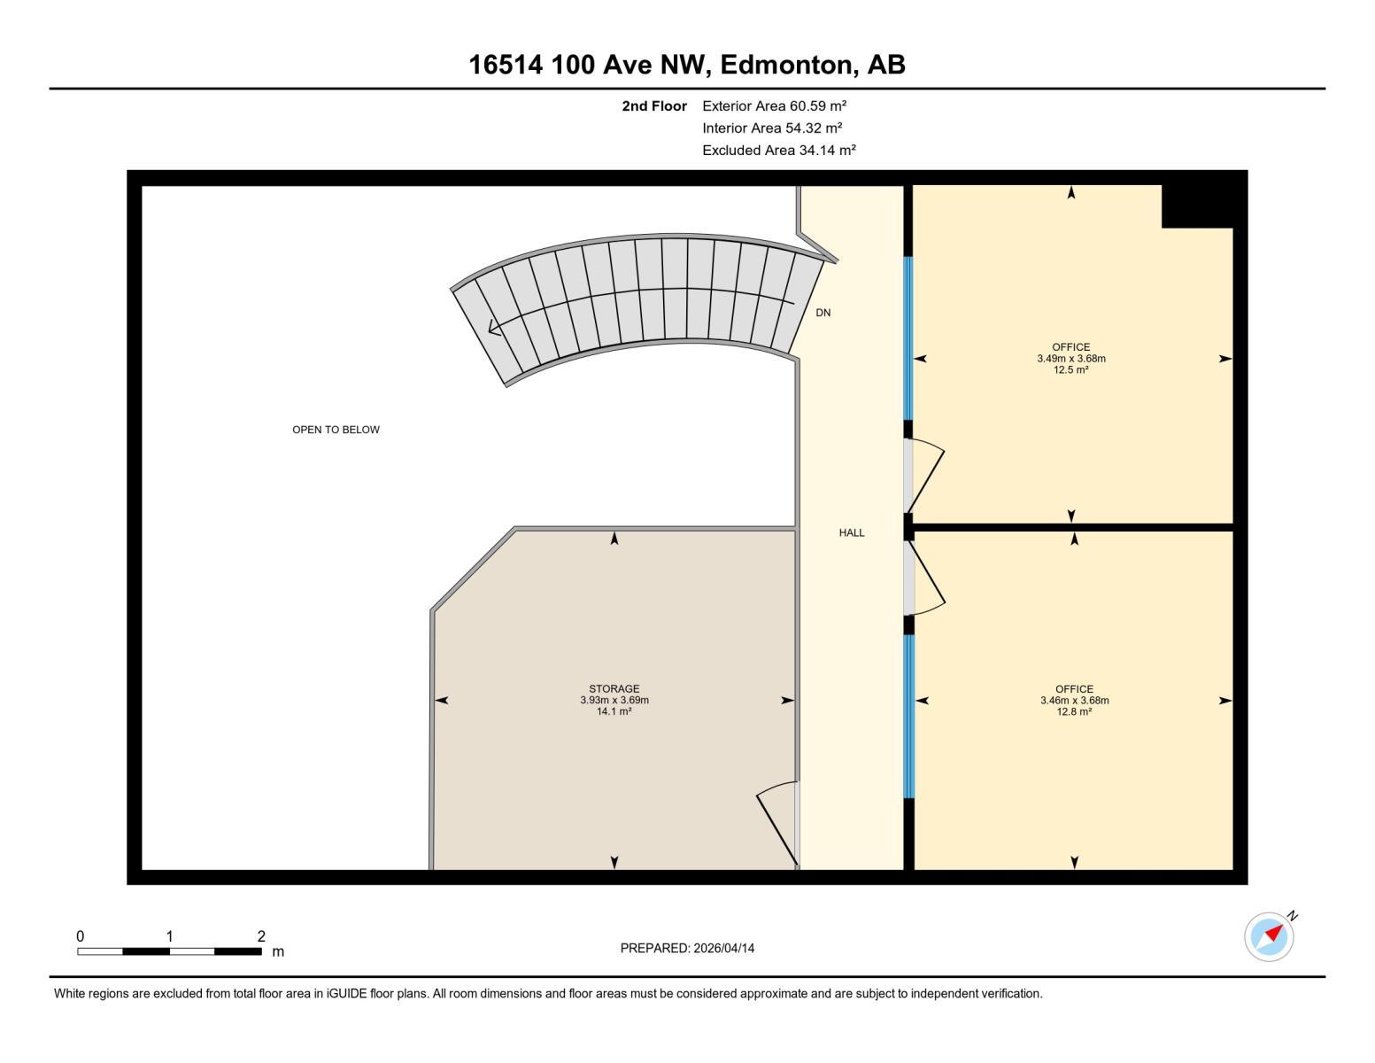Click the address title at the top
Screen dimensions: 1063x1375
686,65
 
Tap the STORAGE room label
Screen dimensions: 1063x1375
614,688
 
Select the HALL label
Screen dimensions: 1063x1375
852,532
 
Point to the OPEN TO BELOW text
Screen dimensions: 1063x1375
336,430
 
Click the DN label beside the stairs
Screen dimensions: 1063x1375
823,313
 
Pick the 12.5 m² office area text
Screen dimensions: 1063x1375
1071,370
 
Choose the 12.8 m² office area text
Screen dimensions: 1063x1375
1074,711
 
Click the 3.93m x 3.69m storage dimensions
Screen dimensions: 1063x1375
614,700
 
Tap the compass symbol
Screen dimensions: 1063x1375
1269,936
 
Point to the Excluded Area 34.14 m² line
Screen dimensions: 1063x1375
779,150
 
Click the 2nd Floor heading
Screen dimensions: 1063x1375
654,105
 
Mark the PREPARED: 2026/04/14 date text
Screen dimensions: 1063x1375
687,948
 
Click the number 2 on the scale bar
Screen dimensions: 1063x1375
261,935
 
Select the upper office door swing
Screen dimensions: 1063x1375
927,478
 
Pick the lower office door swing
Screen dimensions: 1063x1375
927,580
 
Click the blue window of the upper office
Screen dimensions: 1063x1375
908,338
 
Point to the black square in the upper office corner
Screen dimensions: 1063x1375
1196,206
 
